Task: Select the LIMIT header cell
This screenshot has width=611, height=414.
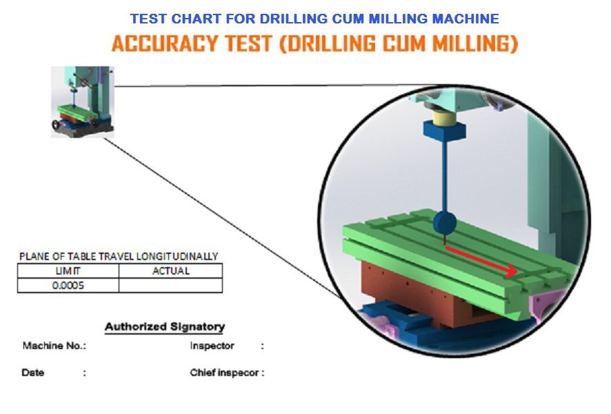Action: click(x=68, y=271)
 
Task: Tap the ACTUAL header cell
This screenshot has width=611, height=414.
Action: click(x=170, y=271)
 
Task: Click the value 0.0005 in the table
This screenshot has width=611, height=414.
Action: click(x=68, y=286)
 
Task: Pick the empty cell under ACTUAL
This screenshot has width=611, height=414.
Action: click(x=170, y=286)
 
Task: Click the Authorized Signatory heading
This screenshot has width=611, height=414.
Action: click(x=165, y=326)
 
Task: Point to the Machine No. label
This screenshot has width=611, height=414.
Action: click(x=54, y=346)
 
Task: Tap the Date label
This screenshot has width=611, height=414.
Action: click(x=32, y=373)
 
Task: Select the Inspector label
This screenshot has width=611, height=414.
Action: click(x=212, y=346)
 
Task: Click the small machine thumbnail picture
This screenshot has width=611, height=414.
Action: click(x=83, y=101)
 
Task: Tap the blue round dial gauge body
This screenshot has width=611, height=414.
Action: click(x=445, y=223)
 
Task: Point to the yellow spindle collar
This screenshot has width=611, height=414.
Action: click(x=444, y=117)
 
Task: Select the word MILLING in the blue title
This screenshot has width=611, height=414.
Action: click(x=397, y=19)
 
